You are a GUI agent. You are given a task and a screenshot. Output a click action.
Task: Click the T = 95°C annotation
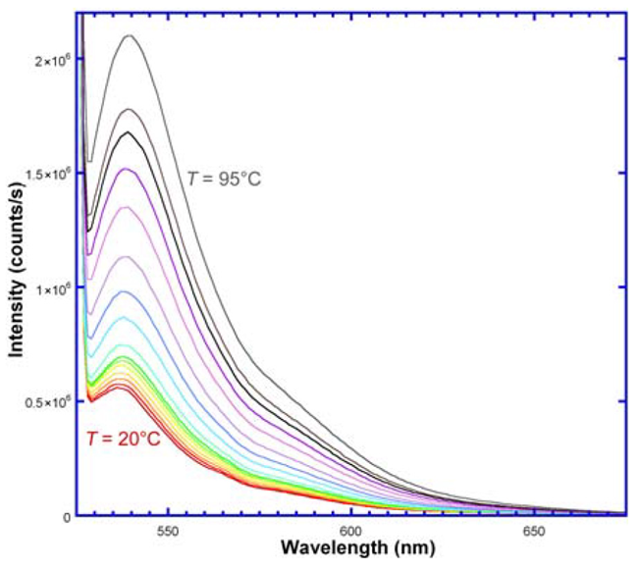225,179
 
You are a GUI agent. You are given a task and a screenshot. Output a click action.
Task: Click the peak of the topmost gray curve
129,35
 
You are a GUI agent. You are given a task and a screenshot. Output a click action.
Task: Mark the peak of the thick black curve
128,132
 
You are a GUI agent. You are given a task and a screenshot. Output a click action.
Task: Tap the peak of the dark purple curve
127,169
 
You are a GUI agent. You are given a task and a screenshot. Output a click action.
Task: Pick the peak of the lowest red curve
119,386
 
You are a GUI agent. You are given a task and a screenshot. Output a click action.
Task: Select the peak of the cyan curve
124,317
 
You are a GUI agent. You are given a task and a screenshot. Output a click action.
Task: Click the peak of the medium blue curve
125,291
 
